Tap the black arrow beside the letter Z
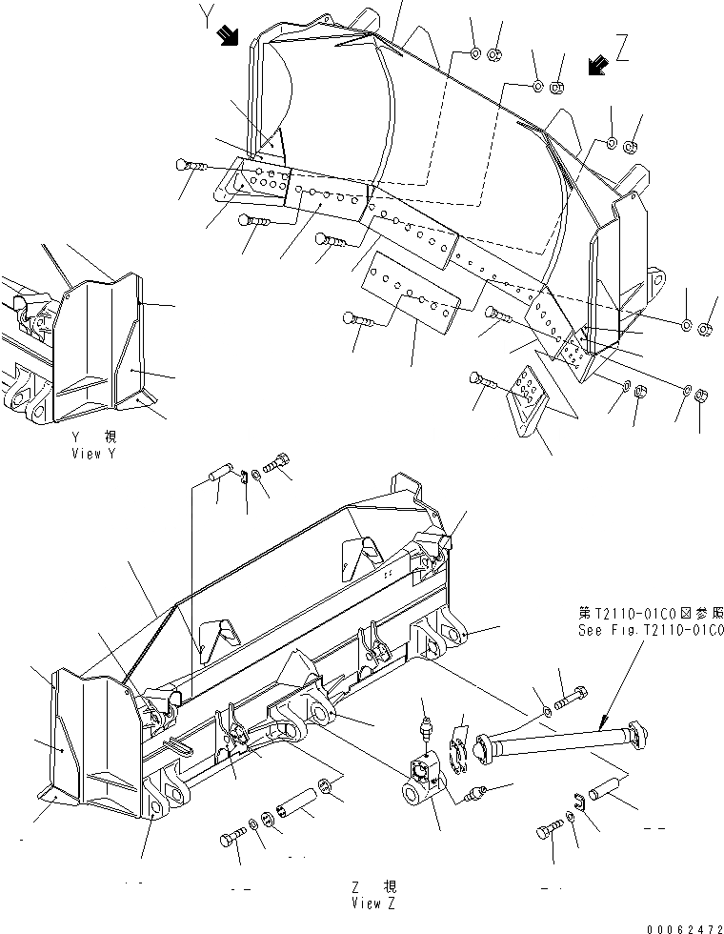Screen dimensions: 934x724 click(x=598, y=66)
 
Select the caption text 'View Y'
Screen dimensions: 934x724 click(x=92, y=454)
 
